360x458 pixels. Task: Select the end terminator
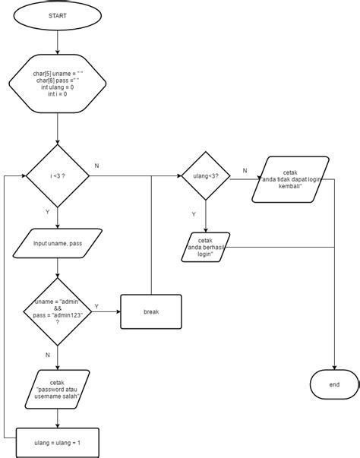click(x=334, y=385)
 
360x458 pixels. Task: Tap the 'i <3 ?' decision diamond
click(x=58, y=176)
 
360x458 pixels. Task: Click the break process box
click(x=151, y=311)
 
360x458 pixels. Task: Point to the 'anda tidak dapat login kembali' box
click(x=291, y=180)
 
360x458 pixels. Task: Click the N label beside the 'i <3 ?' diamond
click(x=96, y=166)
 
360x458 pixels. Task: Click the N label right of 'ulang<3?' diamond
click(x=244, y=171)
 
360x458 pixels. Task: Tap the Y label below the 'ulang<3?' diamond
click(x=193, y=215)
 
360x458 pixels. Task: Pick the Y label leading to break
click(x=96, y=306)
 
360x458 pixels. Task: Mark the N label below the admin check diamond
click(x=47, y=354)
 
